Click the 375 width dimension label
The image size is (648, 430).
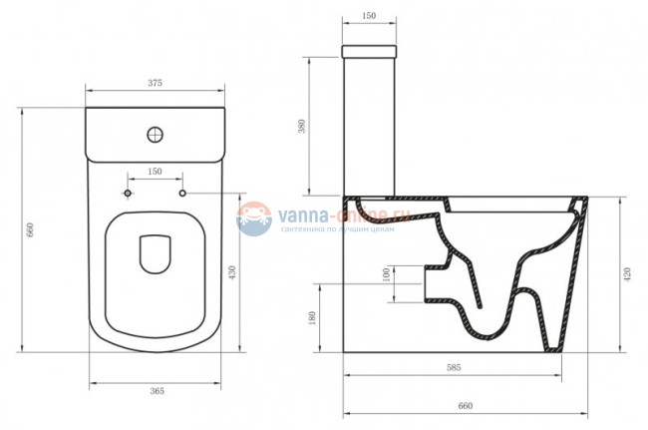pyautogui.click(x=156, y=82)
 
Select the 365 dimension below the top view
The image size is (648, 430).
pyautogui.click(x=156, y=391)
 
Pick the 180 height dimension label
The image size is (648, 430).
pyautogui.click(x=312, y=317)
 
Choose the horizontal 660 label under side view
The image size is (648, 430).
pyautogui.click(x=465, y=405)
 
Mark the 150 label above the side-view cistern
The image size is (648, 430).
pyautogui.click(x=370, y=17)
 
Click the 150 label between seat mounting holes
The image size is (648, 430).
pyautogui.click(x=156, y=172)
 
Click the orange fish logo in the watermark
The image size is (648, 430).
pyautogui.click(x=255, y=218)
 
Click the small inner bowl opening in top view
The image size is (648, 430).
pyautogui.click(x=156, y=253)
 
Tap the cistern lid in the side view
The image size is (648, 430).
pyautogui.click(x=370, y=51)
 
